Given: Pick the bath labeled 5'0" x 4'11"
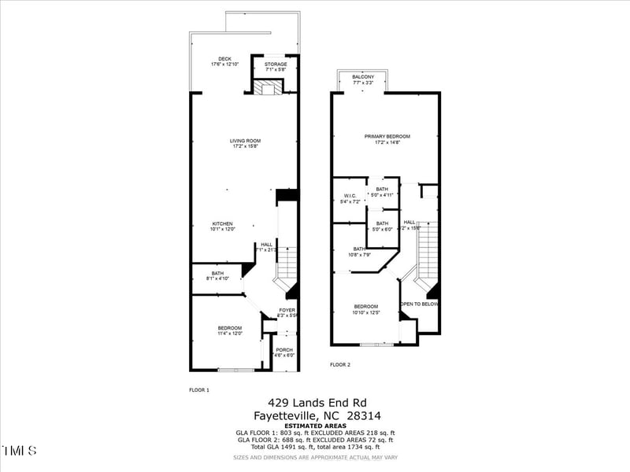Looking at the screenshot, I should [382, 191].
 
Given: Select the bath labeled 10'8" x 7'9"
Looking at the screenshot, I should [358, 251].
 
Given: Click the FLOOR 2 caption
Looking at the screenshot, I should [339, 364].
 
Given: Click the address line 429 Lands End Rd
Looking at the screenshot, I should [319, 401].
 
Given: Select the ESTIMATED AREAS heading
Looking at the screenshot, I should [314, 426].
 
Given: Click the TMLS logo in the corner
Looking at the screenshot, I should [19, 451].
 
